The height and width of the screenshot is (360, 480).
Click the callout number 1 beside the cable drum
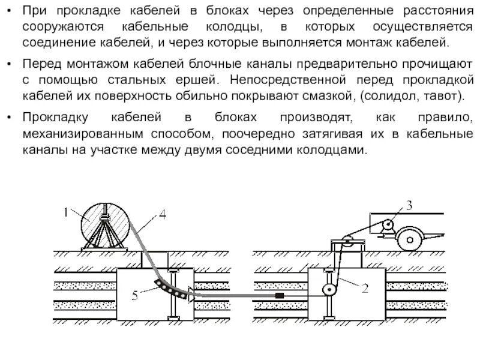[66, 211]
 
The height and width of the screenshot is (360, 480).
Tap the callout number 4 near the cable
[163, 214]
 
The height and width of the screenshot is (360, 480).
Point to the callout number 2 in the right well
[364, 287]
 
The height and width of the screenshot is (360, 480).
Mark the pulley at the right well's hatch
[346, 244]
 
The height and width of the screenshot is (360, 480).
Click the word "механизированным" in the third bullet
[82, 134]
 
